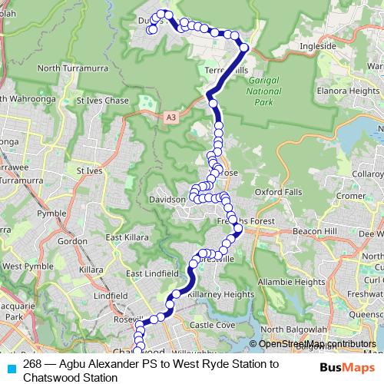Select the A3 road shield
170,117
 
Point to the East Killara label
126,238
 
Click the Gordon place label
72,241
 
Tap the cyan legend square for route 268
12,367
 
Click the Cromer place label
350,196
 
